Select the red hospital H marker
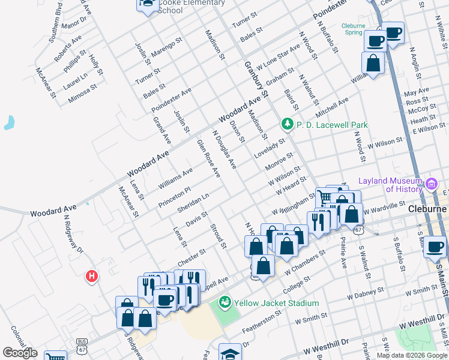[92, 276]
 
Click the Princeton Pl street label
[175, 197]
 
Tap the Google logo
[20, 353]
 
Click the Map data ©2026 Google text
[411, 355]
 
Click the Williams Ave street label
[175, 179]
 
